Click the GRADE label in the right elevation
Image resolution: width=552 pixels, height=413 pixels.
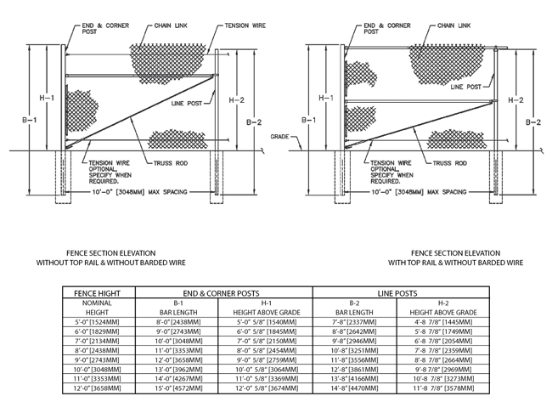coord(279,136)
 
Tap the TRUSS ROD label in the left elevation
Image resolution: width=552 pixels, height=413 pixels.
coord(171,163)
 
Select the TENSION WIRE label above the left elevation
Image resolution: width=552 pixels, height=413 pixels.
coord(245,25)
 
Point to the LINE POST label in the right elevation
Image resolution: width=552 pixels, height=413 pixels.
coord(465,87)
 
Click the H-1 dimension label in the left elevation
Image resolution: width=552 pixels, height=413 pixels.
coord(47,98)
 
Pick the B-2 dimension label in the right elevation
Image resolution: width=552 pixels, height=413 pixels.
coord(533,122)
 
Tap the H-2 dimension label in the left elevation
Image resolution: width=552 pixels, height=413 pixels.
coord(237,100)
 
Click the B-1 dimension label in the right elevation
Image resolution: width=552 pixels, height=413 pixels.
coord(309,120)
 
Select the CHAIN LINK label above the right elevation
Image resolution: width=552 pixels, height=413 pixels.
coord(454,25)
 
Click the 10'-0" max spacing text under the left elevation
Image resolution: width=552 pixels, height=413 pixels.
coord(139,192)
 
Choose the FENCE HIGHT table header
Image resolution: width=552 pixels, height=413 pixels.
coord(97,293)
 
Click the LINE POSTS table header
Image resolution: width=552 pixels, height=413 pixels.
coord(397,293)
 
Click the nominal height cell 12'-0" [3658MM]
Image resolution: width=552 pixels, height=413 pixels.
coord(97,388)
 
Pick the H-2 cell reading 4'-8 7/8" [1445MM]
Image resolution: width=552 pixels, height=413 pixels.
coord(443,322)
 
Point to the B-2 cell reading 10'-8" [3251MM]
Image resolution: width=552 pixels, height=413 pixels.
coord(354,351)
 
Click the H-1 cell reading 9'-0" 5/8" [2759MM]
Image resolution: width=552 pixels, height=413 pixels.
coord(267,360)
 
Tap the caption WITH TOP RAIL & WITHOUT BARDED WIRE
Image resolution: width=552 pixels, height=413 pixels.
coord(455,263)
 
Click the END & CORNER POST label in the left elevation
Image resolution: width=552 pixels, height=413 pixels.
coord(105,29)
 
